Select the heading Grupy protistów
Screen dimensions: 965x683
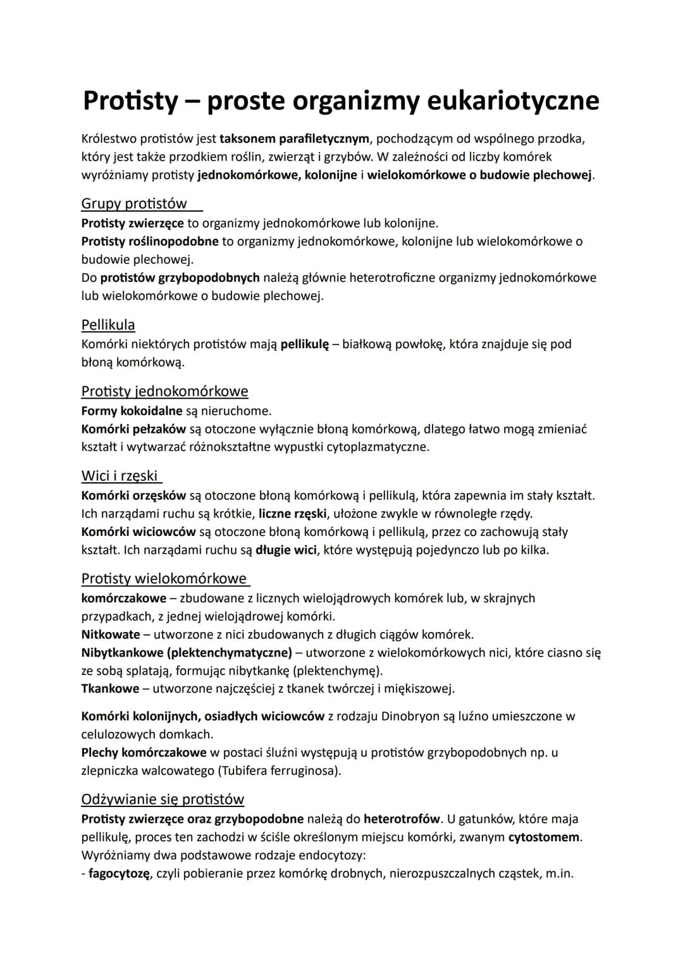tap(134, 203)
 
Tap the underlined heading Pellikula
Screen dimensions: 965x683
tap(108, 325)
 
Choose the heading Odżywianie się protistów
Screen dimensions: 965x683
tap(163, 799)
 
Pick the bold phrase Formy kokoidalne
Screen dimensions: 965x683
tap(132, 411)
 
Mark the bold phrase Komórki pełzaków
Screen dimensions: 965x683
tap(133, 430)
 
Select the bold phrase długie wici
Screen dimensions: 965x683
tap(286, 550)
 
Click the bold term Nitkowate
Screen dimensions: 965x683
tap(111, 634)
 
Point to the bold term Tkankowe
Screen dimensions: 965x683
tap(110, 689)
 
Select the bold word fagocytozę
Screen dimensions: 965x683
tap(120, 874)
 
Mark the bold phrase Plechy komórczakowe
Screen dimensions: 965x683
tap(144, 753)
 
